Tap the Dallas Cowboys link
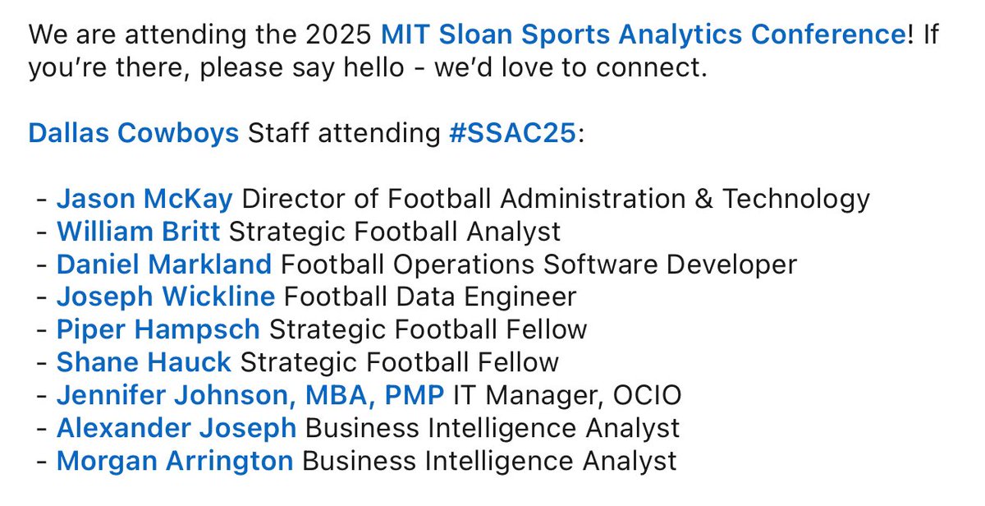[x=134, y=133]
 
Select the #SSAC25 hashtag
[x=514, y=133]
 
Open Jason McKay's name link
[x=144, y=199]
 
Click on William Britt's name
[x=138, y=232]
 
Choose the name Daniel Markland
[x=163, y=264]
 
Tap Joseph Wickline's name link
[x=165, y=297]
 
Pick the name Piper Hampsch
[x=158, y=329]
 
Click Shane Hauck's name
[x=144, y=362]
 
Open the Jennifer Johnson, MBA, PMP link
[x=250, y=395]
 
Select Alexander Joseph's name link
[x=176, y=428]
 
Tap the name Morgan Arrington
[x=174, y=461]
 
